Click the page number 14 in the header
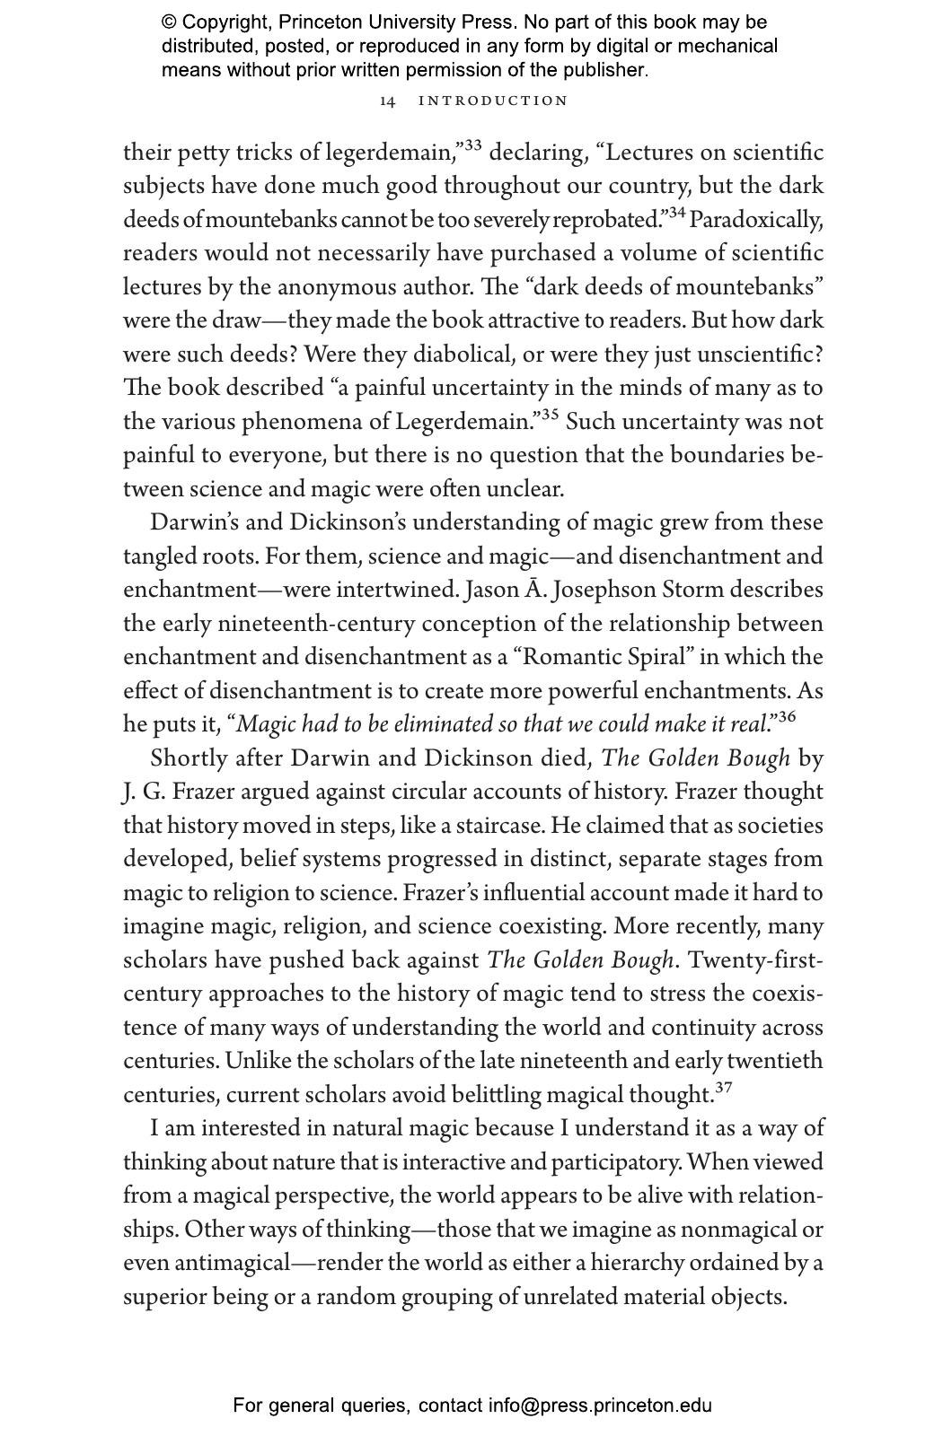387,101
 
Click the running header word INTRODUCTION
493,101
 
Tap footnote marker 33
471,145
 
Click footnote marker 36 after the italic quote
786,717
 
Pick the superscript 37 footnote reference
723,1088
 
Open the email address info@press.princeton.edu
600,1405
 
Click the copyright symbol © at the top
169,22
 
